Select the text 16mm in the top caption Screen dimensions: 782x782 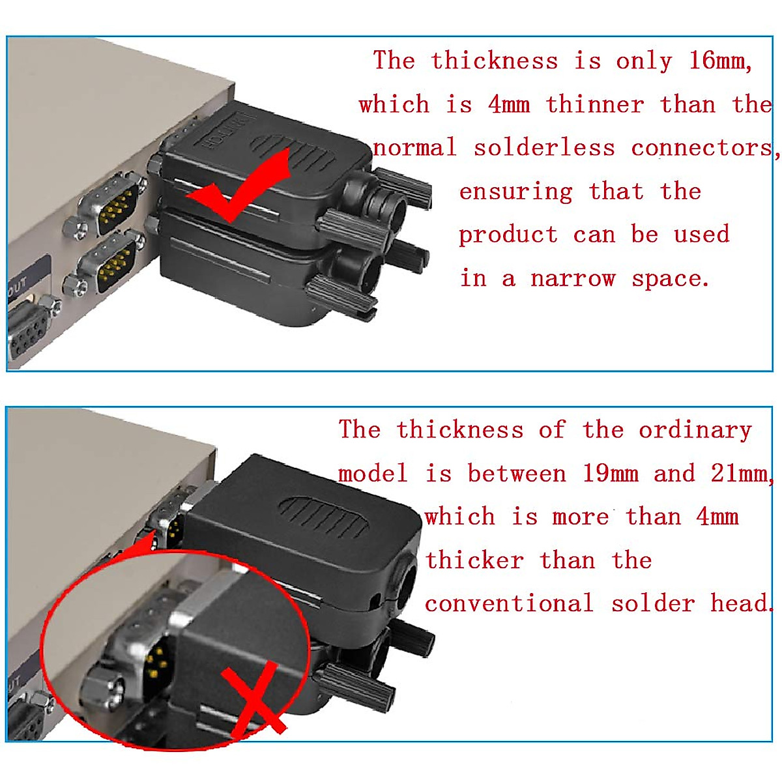coord(720,61)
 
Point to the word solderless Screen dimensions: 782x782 coord(544,148)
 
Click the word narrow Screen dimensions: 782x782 coord(573,279)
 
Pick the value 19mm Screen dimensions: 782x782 coord(610,474)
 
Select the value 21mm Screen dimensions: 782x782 coord(740,474)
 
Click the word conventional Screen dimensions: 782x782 coord(509,603)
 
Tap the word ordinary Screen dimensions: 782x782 coord(695,430)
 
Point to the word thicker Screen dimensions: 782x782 coord(474,560)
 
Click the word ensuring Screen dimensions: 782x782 coord(515,192)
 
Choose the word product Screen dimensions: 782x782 coord(508,235)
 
